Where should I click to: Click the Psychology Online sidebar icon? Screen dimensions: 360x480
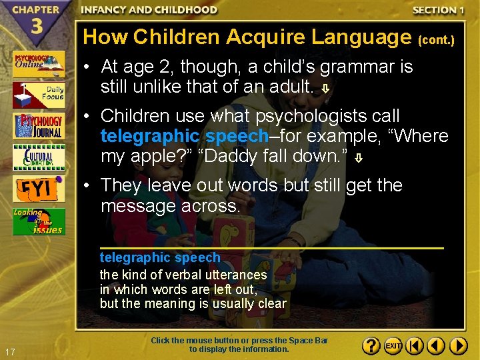[39, 64]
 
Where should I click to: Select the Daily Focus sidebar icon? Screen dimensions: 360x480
[39, 95]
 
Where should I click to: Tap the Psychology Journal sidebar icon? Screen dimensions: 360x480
[39, 126]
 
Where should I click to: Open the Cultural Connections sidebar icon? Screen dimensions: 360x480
[39, 157]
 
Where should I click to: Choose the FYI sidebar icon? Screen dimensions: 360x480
[39, 189]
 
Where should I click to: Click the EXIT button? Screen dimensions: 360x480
[393, 346]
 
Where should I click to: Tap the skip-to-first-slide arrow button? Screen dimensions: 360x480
[415, 346]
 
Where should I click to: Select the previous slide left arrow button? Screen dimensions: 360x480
[436, 346]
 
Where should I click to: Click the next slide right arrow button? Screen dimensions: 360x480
[458, 346]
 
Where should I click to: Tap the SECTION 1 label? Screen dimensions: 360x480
[438, 10]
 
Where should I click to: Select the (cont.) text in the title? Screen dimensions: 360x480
[436, 40]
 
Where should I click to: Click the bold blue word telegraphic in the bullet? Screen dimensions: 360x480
[150, 137]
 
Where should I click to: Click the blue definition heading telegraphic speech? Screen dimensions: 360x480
[160, 257]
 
